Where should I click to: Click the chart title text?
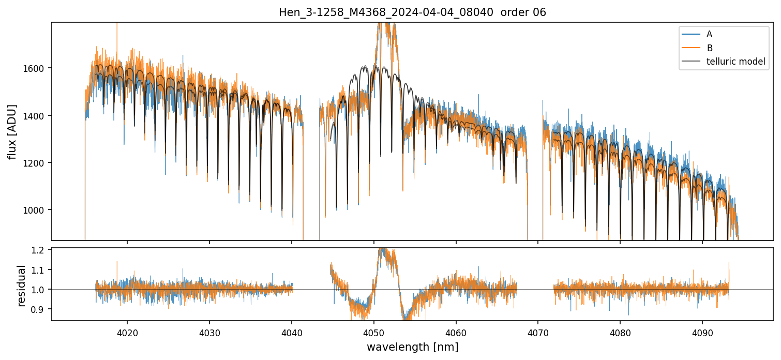point(412,12)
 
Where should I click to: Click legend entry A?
point(709,34)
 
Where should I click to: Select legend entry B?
point(709,48)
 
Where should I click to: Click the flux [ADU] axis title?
point(12,131)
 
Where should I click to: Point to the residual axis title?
point(22,286)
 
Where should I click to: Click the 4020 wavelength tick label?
point(127,331)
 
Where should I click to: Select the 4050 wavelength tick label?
point(373,331)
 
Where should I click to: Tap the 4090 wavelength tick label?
point(702,331)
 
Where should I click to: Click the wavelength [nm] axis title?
point(412,347)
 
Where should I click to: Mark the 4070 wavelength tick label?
point(538,331)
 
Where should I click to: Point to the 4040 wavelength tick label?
point(292,331)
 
